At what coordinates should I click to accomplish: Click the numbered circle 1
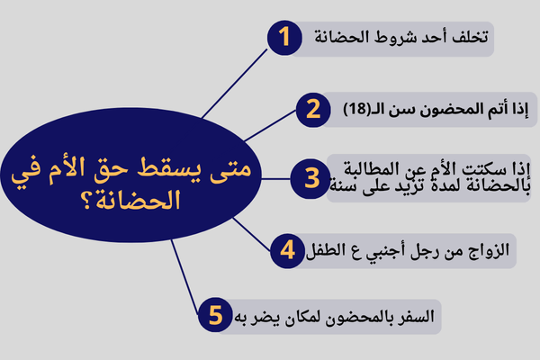tap(285, 40)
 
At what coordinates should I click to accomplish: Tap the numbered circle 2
tap(312, 110)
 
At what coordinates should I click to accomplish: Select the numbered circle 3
tap(311, 177)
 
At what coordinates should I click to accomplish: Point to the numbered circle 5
tap(214, 317)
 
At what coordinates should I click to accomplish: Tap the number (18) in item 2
tap(358, 110)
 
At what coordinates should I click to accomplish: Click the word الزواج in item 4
tap(491, 249)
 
